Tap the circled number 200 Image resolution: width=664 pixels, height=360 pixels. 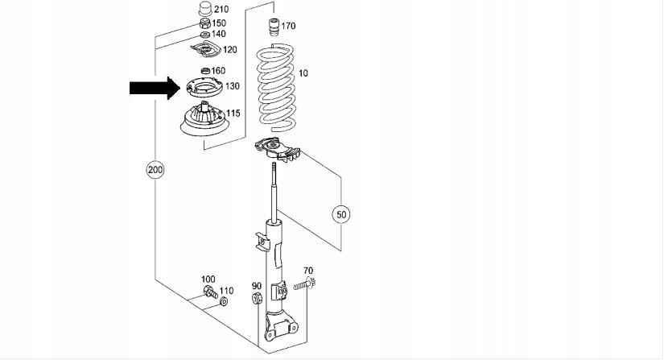tap(155, 170)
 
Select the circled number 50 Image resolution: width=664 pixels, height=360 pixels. tap(342, 214)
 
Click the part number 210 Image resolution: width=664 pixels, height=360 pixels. tap(221, 10)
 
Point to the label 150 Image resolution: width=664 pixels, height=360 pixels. tap(219, 23)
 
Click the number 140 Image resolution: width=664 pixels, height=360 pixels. tap(219, 34)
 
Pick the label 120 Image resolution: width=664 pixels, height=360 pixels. tap(230, 50)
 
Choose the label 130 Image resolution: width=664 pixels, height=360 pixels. tap(233, 86)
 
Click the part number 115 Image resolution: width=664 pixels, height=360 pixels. tap(233, 114)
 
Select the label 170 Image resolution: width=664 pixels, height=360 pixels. tap(288, 27)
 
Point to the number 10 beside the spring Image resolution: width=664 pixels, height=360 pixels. tap(303, 73)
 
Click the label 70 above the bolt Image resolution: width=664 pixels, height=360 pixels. tap(307, 271)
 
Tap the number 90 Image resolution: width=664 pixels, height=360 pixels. tap(257, 286)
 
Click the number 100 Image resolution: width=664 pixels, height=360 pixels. tap(208, 278)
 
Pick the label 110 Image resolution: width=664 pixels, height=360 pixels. tap(226, 291)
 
